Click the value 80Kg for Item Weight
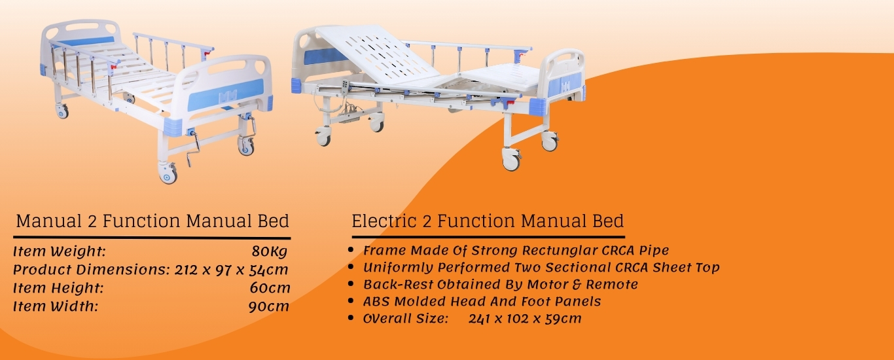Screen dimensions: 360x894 click(269, 251)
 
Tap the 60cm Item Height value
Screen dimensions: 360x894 click(270, 288)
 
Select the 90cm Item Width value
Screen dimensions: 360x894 click(268, 306)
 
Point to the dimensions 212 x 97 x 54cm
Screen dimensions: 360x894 click(232, 270)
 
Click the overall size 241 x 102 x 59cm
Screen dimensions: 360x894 click(525, 319)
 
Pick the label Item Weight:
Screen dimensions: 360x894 click(60, 251)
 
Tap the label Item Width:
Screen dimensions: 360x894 click(56, 306)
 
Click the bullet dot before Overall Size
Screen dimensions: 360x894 click(352, 319)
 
